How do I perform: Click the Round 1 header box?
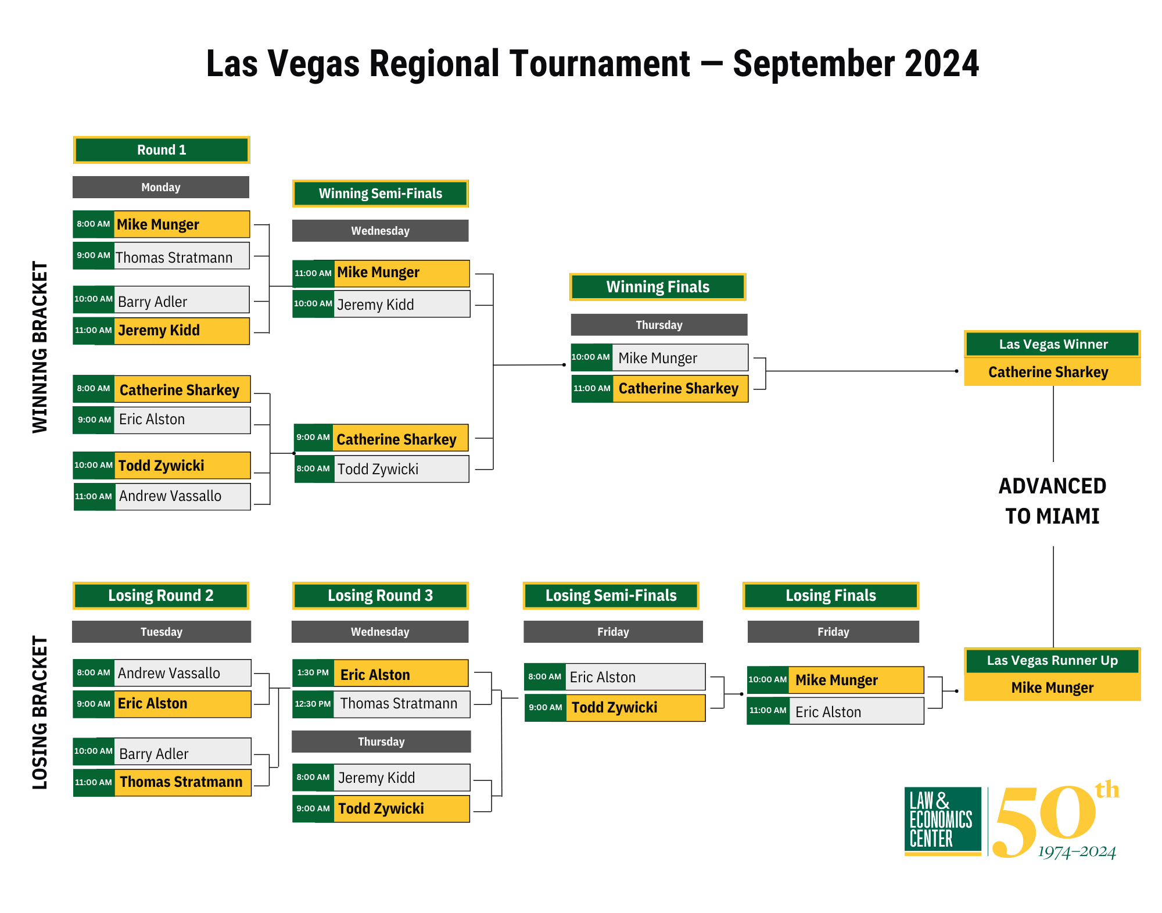[x=162, y=150]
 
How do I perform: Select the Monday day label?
[x=161, y=187]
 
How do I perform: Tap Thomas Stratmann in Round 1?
[x=174, y=257]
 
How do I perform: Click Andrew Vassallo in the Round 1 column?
[x=170, y=496]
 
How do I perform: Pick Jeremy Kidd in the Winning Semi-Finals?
[x=375, y=305]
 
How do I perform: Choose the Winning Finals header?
[x=658, y=287]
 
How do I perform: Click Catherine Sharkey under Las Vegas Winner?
[x=1048, y=372]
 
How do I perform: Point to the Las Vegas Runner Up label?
[x=1052, y=661]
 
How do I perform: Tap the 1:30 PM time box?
[x=313, y=673]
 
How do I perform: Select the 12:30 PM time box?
[x=313, y=704]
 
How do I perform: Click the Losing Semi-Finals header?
[x=611, y=596]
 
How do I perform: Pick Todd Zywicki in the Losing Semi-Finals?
[x=615, y=708]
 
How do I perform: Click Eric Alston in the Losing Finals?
[x=828, y=712]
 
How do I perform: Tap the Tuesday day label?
[x=162, y=632]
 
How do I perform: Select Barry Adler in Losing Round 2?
[x=153, y=753]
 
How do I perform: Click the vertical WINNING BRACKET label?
[x=40, y=347]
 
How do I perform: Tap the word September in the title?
[x=813, y=63]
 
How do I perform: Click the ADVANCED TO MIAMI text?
[x=1052, y=501]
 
